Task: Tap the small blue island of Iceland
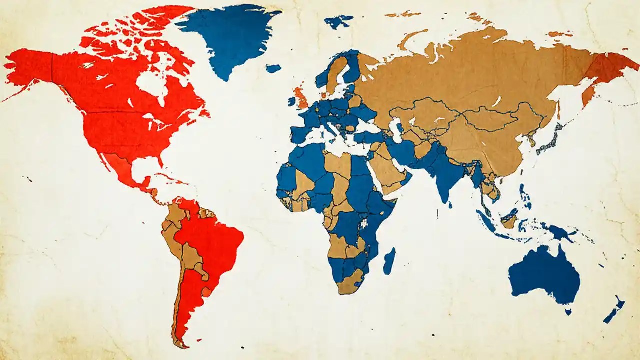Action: point(273,68)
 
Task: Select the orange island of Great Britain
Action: point(300,97)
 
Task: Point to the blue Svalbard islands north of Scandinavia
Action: point(338,21)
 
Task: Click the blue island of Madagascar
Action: point(389,261)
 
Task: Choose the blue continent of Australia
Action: point(545,275)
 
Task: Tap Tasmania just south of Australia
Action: point(568,312)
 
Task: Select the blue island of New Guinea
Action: point(560,231)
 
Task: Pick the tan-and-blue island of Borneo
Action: point(510,220)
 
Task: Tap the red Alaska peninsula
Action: point(30,70)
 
